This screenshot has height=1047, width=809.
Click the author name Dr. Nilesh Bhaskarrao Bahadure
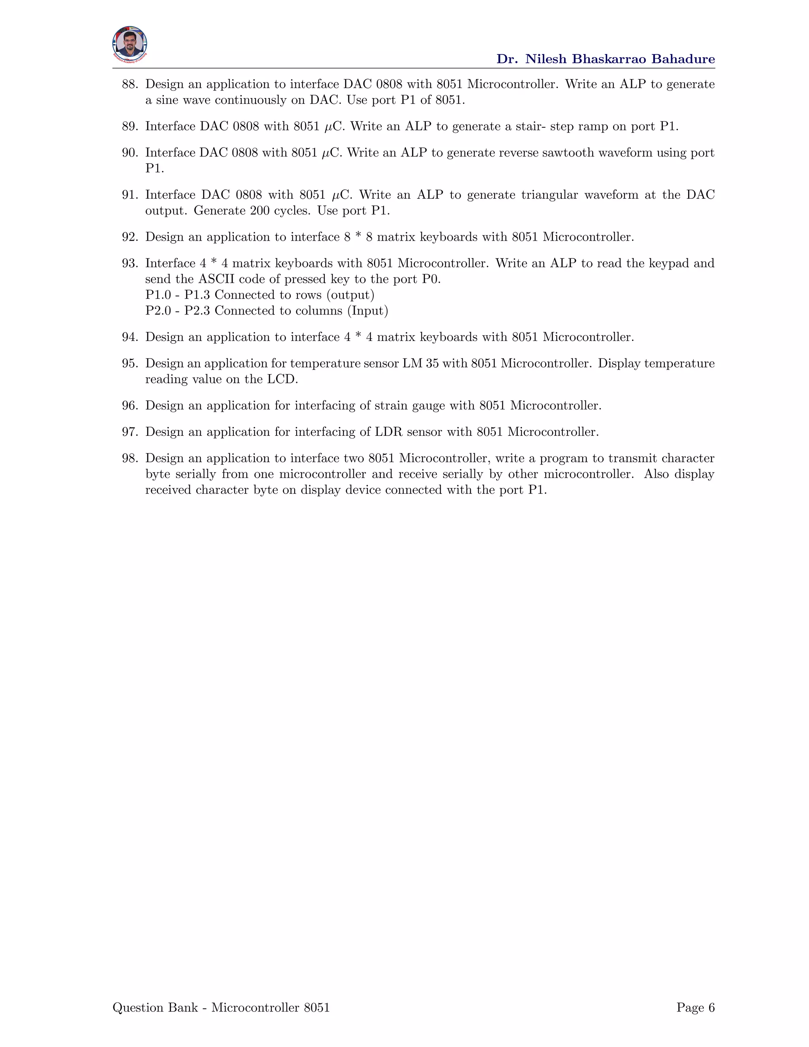(x=605, y=59)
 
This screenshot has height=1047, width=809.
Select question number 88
(x=130, y=85)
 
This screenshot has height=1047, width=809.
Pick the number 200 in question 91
(x=259, y=211)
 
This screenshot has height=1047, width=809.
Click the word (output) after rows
(x=350, y=295)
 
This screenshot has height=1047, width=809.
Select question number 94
(x=130, y=337)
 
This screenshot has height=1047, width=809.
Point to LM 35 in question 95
(x=420, y=364)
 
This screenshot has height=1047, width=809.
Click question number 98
(x=130, y=459)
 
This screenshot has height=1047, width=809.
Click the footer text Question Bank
(x=155, y=1008)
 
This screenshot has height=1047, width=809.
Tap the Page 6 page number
(x=695, y=1008)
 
